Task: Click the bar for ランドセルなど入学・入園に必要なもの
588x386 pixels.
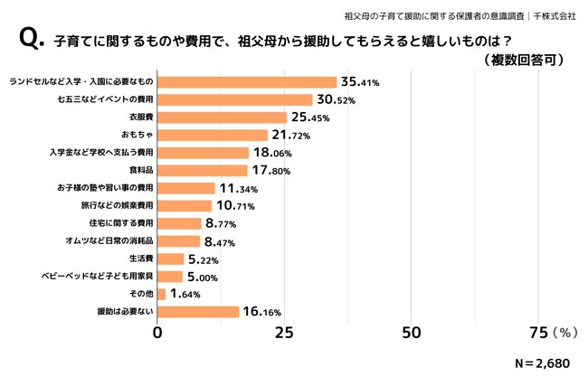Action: point(247,82)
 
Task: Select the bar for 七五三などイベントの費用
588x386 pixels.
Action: point(235,99)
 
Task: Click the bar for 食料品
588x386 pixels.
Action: point(203,170)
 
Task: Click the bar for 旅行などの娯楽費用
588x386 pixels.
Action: point(185,205)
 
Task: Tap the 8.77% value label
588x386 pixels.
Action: point(223,223)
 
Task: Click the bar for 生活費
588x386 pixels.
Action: point(171,259)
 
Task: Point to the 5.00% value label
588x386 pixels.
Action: point(205,276)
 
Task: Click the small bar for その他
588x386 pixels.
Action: point(162,294)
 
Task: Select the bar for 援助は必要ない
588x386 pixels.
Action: point(199,312)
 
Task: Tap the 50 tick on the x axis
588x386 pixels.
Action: point(413,333)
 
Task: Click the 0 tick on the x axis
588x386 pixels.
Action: point(158,333)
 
